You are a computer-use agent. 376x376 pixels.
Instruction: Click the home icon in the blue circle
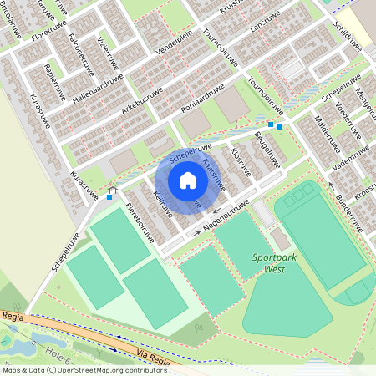tap(187, 180)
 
